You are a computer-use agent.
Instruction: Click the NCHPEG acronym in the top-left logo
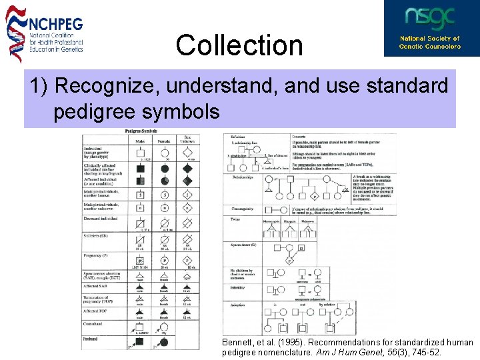pyautogui.click(x=56, y=23)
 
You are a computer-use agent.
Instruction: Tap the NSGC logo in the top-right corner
pyautogui.click(x=430, y=28)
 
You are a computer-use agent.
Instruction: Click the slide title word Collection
pyautogui.click(x=239, y=45)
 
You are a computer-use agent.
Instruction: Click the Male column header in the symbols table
pyautogui.click(x=140, y=141)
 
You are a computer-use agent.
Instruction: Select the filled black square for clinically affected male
pyautogui.click(x=140, y=169)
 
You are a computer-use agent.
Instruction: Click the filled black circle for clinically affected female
pyautogui.click(x=163, y=169)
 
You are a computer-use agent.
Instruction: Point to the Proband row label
pyautogui.click(x=91, y=339)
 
